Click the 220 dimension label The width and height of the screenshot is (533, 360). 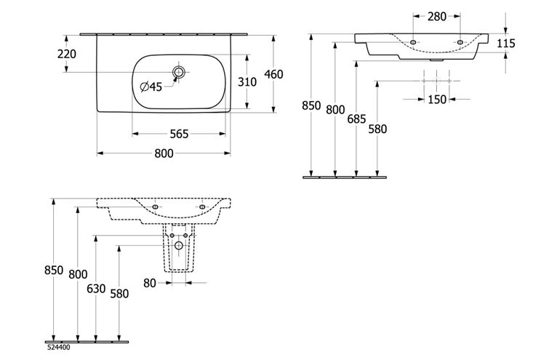(67, 54)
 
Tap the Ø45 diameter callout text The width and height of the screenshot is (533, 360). (151, 87)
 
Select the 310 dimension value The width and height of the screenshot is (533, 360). (247, 82)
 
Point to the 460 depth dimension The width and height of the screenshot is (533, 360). (273, 74)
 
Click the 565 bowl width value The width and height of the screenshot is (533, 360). (179, 134)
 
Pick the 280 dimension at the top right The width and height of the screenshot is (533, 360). (437, 16)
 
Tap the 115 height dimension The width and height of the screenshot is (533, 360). (506, 44)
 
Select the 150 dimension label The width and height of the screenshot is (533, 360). (437, 99)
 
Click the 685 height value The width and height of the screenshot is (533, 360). (356, 119)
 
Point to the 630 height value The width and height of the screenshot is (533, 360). (96, 289)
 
